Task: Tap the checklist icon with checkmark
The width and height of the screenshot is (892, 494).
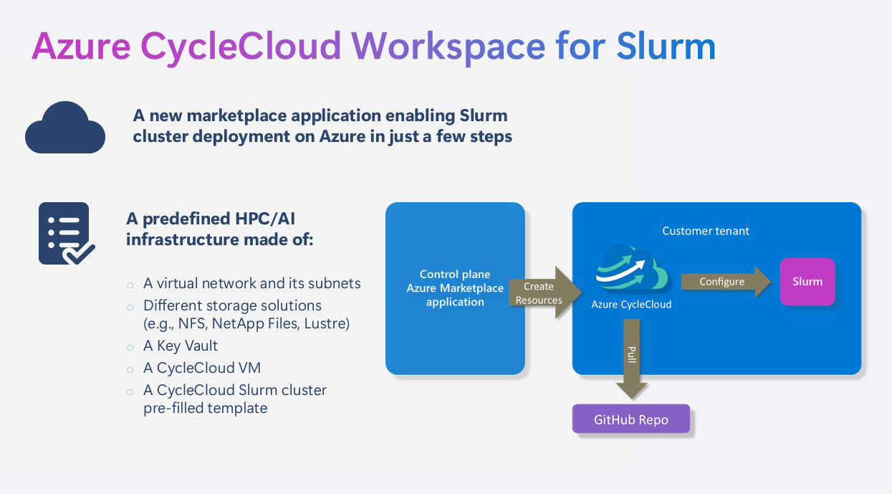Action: pyautogui.click(x=65, y=234)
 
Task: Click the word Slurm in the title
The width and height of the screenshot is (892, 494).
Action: pyautogui.click(x=666, y=46)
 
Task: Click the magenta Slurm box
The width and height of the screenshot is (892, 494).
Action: pyautogui.click(x=807, y=282)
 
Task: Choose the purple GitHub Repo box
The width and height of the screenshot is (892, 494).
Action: pyautogui.click(x=630, y=419)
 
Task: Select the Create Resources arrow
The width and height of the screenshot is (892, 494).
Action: pyautogui.click(x=542, y=293)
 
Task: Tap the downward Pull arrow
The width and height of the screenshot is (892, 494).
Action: pyautogui.click(x=631, y=358)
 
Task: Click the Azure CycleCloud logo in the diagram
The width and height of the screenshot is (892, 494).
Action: pyautogui.click(x=631, y=269)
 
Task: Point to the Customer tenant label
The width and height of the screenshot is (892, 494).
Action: pyautogui.click(x=706, y=231)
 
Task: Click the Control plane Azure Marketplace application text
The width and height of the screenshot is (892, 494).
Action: pyautogui.click(x=455, y=288)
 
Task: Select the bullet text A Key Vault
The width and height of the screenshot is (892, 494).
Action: pyautogui.click(x=181, y=346)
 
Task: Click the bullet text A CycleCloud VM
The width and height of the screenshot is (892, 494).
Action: pyautogui.click(x=202, y=368)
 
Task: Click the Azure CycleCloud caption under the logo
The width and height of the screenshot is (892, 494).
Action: pyautogui.click(x=631, y=305)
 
